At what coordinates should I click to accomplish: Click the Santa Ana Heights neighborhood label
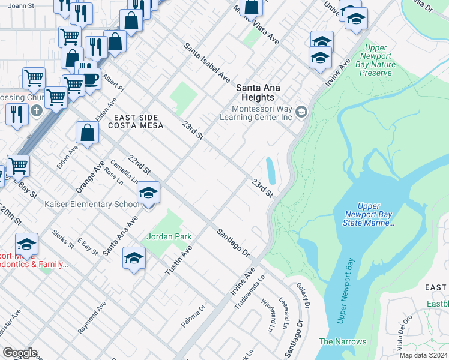tap(254, 92)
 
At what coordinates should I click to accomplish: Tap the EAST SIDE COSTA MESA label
tap(133, 122)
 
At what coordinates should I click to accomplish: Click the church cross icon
tap(37, 110)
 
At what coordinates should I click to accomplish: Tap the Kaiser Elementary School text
tap(93, 204)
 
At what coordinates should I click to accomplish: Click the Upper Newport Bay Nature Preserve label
tap(376, 60)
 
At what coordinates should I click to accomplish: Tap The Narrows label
tap(342, 341)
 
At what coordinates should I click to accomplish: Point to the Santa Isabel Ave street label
tap(207, 62)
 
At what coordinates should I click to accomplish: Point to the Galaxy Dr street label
tap(301, 296)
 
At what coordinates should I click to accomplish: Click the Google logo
tap(20, 353)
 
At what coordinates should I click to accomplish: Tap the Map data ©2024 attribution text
tap(423, 355)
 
